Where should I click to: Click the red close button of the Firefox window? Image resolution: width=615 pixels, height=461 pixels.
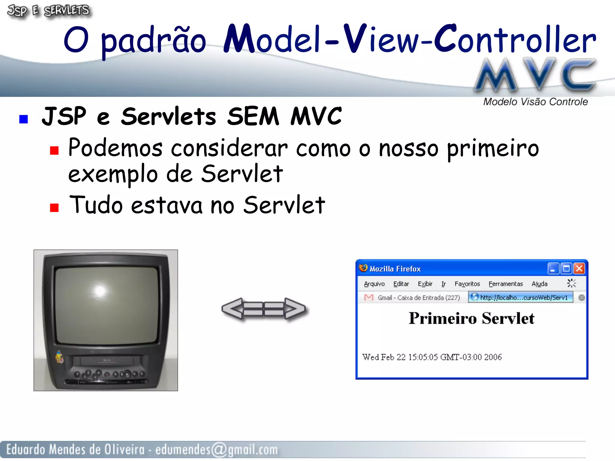pos(579,268)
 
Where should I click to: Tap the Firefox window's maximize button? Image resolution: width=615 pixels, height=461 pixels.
pos(566,268)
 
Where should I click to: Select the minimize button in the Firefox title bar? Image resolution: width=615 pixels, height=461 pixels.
pos(553,268)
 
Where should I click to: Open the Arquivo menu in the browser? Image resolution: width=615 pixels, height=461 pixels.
pos(374,284)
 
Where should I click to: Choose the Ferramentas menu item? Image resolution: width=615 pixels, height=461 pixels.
pos(506,284)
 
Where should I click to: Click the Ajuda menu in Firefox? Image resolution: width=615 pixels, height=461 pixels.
pos(539,284)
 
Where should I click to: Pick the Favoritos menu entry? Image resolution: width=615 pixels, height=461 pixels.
pos(467,284)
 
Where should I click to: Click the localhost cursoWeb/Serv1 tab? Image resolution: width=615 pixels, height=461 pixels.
pos(521,297)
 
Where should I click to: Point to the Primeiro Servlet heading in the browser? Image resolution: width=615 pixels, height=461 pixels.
pos(471,318)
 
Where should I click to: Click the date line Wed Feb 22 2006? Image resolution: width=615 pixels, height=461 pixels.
pos(432,357)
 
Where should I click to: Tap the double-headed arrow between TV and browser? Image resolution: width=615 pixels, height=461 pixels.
pos(263,309)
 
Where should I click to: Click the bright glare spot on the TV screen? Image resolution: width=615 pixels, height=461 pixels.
pos(100,290)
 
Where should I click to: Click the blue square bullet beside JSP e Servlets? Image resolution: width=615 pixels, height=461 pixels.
pos(23,119)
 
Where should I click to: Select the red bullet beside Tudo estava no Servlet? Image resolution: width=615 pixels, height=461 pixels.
pos(54,207)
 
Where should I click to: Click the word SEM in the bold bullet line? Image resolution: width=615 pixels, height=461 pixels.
pos(253,116)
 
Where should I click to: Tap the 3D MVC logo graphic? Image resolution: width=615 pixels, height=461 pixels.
pos(535,74)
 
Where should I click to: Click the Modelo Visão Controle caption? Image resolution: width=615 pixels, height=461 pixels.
pos(535,102)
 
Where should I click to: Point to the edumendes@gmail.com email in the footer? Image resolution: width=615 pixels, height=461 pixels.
pos(217,450)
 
